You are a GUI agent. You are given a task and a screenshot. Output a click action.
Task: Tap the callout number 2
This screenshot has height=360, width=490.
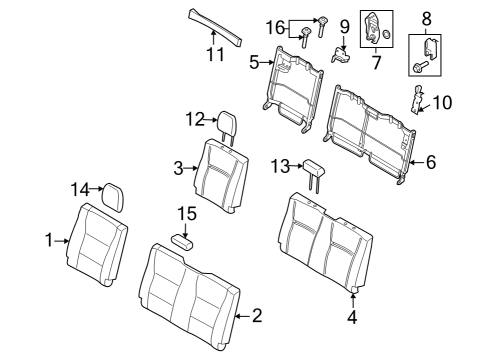coord(257,316)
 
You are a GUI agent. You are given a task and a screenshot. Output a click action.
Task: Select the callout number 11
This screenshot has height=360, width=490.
coord(211,54)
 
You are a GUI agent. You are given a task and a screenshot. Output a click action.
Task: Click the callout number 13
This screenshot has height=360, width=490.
coord(281,165)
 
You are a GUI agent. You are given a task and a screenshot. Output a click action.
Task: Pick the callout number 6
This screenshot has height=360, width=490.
coord(430,161)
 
